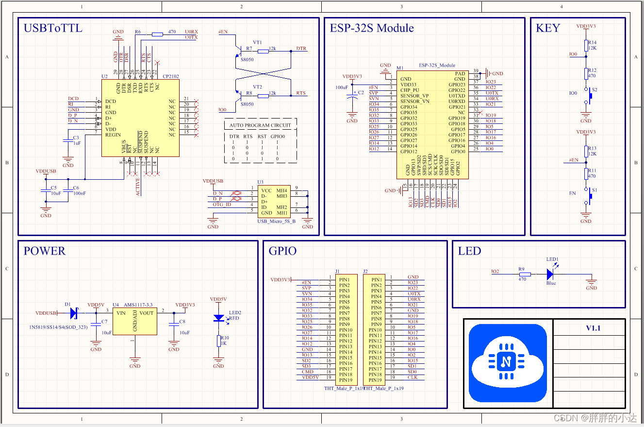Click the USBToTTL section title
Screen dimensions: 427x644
(x=53, y=28)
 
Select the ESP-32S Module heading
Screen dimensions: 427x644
(x=372, y=28)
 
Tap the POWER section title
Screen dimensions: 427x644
(x=44, y=251)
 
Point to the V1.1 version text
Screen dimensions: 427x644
(x=593, y=328)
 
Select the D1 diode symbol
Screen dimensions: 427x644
(x=74, y=313)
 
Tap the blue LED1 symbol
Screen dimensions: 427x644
(x=550, y=274)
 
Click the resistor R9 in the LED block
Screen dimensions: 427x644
(x=524, y=274)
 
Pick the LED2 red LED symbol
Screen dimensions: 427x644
(x=219, y=318)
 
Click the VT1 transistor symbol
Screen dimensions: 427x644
(x=239, y=50)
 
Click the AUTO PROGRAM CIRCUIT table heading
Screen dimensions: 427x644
(x=260, y=125)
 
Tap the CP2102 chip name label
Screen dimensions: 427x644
(x=170, y=76)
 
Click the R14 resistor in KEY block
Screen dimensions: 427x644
(x=586, y=45)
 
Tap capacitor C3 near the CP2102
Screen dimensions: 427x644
(x=68, y=141)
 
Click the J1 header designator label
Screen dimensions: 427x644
(x=337, y=271)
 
